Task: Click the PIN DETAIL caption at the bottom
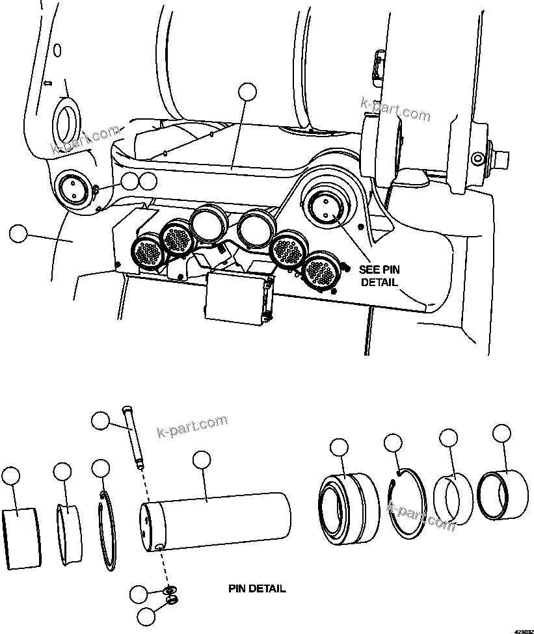[256, 589]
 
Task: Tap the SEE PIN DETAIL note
[378, 276]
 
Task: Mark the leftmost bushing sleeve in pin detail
[21, 537]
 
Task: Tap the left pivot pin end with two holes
[72, 190]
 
